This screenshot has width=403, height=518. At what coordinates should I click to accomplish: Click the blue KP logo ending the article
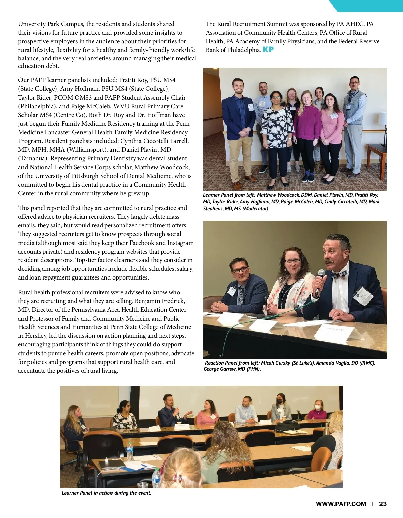[x=268, y=49]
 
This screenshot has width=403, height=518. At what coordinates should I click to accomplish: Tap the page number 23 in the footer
[x=383, y=504]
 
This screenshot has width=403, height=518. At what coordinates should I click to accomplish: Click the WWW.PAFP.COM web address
[x=341, y=504]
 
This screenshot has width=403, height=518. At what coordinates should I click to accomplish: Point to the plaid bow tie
[x=338, y=275]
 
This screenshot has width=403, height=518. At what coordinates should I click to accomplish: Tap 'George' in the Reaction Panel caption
[x=212, y=369]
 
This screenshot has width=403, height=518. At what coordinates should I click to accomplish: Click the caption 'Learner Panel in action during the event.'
[x=106, y=493]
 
